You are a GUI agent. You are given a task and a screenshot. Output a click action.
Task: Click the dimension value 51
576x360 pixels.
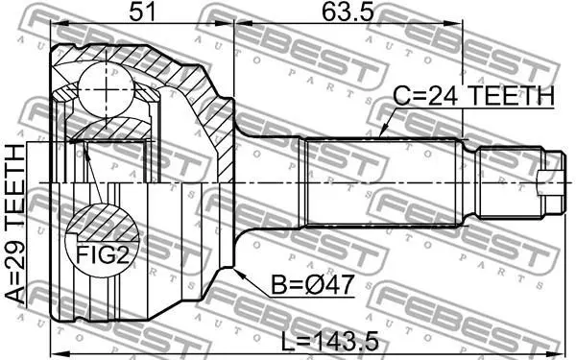pos(142,12)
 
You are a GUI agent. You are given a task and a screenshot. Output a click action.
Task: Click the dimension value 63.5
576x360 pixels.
pos(348,12)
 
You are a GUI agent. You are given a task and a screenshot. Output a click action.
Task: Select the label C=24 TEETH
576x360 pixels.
pos(473,96)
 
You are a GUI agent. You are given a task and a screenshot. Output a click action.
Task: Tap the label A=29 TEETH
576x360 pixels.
pos(15,224)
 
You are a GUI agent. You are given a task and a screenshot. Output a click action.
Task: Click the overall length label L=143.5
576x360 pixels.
pos(329,341)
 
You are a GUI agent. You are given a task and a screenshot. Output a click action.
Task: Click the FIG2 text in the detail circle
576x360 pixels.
pos(103,254)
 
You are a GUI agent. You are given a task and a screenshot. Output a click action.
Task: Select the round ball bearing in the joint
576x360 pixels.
pos(106,89)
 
